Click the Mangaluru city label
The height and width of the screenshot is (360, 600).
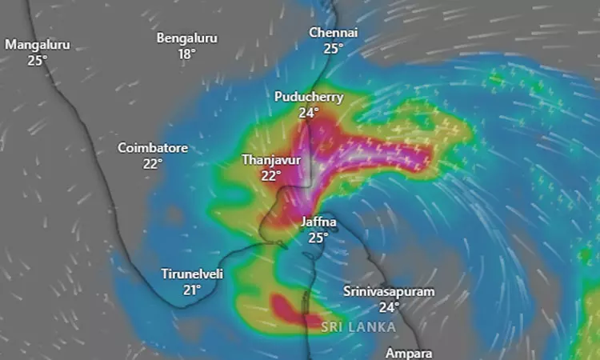pos(38,45)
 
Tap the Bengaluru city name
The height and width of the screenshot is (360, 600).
pos(187,38)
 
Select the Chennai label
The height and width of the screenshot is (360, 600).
pos(334,32)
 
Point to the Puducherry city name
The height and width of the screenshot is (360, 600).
pos(309,97)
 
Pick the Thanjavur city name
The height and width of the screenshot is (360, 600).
pos(271,159)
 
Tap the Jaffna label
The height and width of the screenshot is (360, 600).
pos(318,222)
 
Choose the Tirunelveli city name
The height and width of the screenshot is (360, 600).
pos(192,274)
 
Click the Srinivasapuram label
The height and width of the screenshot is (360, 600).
pos(389,291)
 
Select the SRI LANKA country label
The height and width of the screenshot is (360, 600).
pos(358,326)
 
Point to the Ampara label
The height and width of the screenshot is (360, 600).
pos(408,353)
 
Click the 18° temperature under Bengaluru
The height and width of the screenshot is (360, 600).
pos(187,54)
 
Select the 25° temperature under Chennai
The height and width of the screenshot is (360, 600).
pos(334,48)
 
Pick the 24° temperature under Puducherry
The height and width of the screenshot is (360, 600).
pos(309,113)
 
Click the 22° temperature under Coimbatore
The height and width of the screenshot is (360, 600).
pos(153,163)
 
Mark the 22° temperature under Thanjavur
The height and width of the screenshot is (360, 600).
pos(271,175)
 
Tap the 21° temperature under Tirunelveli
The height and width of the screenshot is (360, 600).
pos(192,290)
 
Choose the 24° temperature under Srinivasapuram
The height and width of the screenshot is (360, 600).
pos(389,307)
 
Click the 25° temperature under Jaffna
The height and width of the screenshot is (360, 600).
pos(318,238)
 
